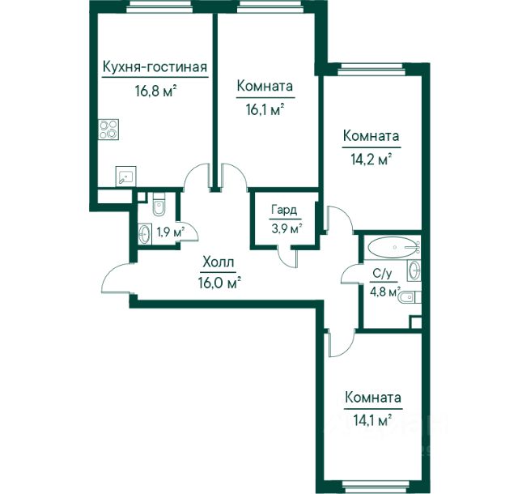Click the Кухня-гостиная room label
click(155, 67)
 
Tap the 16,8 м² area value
click(155, 90)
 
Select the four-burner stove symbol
click(108, 130)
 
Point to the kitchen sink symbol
click(126, 177)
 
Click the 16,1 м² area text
click(265, 109)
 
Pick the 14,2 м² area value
click(372, 160)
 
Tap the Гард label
click(284, 210)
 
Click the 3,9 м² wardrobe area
click(286, 228)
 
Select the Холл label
click(219, 262)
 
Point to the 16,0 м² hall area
click(219, 283)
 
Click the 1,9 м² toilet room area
click(170, 232)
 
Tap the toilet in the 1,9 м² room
click(159, 205)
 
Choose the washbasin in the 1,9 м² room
click(145, 234)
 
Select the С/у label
click(382, 274)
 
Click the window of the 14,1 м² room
click(372, 487)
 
